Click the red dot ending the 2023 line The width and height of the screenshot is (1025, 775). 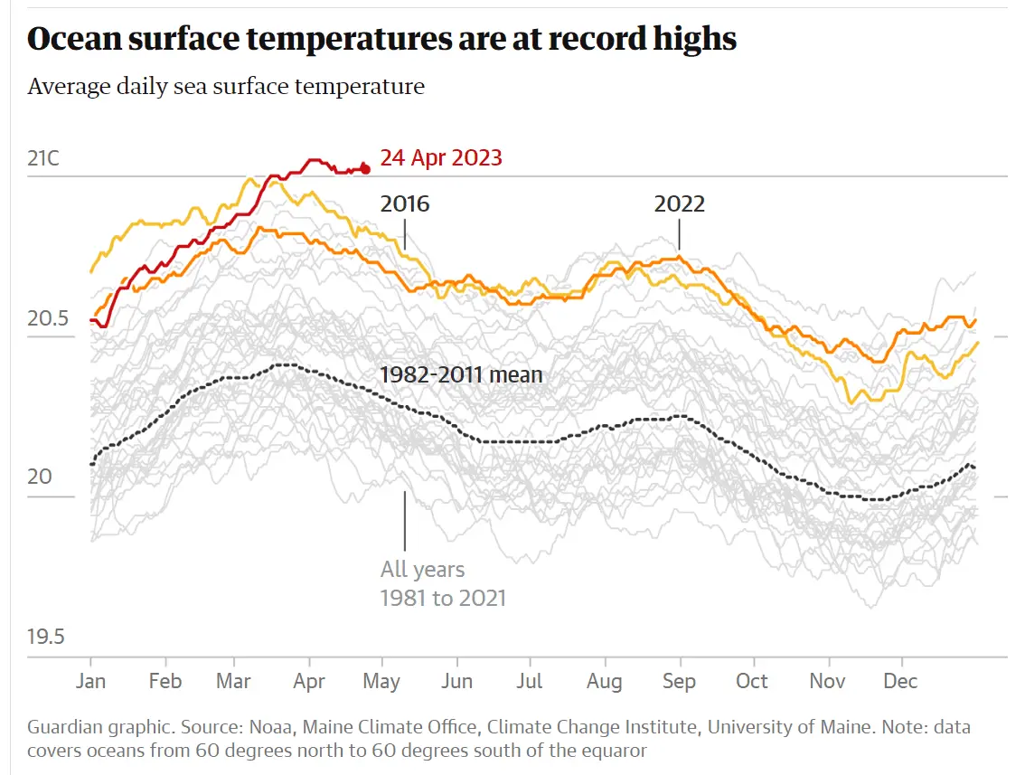click(365, 168)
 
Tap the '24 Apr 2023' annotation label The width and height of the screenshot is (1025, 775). click(441, 158)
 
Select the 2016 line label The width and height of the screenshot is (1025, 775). click(405, 203)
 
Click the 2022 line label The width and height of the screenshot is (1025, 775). click(679, 203)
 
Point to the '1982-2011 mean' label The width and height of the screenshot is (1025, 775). click(461, 374)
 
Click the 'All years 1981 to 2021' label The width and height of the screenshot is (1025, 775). click(443, 584)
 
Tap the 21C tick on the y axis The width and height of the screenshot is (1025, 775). click(43, 159)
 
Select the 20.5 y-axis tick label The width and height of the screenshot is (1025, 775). click(46, 318)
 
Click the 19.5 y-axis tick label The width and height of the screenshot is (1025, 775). click(46, 637)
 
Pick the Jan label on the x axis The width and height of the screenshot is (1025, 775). click(90, 681)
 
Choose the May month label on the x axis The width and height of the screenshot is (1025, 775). click(381, 681)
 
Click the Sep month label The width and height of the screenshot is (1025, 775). click(678, 681)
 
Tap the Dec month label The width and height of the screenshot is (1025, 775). click(900, 681)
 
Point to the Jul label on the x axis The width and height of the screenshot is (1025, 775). click(530, 681)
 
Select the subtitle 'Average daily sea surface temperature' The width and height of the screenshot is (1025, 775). click(226, 87)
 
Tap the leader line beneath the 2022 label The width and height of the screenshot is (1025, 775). click(679, 236)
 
